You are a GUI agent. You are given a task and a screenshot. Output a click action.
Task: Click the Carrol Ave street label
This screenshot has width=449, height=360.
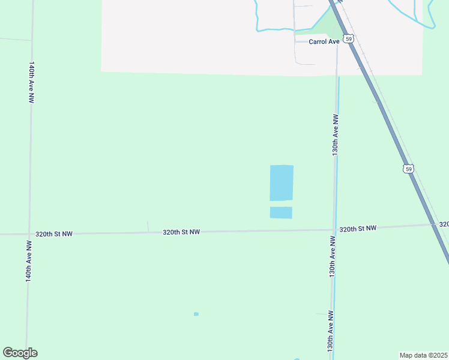click(x=324, y=41)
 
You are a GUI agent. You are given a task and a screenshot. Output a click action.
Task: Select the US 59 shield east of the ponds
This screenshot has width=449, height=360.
click(x=408, y=169)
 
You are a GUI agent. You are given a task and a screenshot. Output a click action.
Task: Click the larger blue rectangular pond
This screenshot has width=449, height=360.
click(x=282, y=183)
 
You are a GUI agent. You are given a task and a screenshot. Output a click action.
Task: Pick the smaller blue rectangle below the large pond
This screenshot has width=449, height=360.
click(x=281, y=212)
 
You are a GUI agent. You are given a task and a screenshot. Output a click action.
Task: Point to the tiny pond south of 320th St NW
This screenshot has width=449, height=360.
click(x=196, y=314)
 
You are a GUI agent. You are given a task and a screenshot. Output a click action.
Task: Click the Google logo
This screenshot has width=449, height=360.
click(x=20, y=353)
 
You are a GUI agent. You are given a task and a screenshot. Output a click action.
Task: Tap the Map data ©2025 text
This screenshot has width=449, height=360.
click(x=423, y=355)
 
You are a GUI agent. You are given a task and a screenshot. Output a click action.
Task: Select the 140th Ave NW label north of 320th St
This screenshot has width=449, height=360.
click(x=31, y=82)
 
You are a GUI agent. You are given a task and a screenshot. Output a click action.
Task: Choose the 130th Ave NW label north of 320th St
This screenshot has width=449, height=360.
click(x=336, y=136)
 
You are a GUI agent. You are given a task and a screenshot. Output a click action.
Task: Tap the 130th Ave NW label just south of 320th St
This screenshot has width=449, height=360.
click(x=333, y=256)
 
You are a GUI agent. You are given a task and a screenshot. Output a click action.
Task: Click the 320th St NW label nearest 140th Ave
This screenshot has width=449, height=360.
click(x=54, y=233)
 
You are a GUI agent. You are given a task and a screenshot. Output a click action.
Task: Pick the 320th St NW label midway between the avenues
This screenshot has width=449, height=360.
click(x=181, y=232)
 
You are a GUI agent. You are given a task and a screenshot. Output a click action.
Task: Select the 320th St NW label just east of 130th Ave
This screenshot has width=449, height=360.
click(x=358, y=229)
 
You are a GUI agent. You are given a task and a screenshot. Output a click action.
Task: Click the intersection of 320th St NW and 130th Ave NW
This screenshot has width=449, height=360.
click(x=334, y=230)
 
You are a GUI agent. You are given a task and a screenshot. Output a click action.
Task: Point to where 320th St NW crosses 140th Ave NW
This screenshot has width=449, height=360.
click(x=29, y=233)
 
